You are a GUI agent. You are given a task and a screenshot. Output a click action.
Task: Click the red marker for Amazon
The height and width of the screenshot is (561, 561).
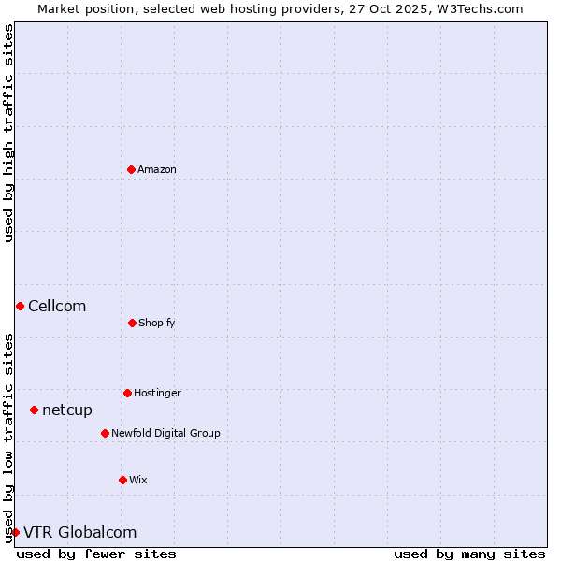(x=131, y=169)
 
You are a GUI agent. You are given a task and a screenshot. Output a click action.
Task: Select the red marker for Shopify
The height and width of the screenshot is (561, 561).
(x=132, y=323)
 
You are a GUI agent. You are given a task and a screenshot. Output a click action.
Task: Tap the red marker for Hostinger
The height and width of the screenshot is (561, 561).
(x=127, y=393)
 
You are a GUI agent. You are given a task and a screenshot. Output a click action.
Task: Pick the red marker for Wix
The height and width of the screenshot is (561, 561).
(x=122, y=480)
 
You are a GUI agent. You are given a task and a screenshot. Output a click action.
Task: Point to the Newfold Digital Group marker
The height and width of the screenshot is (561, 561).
(x=105, y=433)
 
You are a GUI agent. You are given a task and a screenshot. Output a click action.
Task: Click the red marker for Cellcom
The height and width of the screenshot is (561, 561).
(x=20, y=306)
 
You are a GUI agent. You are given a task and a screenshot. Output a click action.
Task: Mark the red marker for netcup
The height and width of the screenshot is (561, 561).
(x=34, y=410)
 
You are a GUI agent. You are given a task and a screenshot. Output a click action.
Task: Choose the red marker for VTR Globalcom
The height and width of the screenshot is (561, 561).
(x=15, y=532)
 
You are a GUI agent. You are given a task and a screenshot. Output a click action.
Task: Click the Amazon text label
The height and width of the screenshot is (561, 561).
(x=157, y=169)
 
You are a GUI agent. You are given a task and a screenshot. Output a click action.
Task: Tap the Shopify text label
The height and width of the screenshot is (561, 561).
(x=157, y=323)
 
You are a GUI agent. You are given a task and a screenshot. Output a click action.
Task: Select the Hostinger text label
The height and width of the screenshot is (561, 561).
(x=157, y=393)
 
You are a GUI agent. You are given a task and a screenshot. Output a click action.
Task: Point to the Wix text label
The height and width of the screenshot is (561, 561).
(x=138, y=480)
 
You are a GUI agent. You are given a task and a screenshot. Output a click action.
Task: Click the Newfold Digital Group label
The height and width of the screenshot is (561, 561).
(x=165, y=433)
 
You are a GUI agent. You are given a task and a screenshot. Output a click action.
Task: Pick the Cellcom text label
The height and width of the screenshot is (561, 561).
(x=57, y=306)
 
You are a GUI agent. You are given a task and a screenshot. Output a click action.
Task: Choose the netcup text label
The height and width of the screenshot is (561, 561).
(x=67, y=410)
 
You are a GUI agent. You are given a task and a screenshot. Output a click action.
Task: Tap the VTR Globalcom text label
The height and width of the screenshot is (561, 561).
(x=79, y=532)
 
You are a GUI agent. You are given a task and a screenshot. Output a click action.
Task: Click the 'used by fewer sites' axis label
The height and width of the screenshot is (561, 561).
(x=96, y=554)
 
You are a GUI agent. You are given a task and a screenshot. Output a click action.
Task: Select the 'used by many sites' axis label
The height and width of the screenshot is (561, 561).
(x=469, y=554)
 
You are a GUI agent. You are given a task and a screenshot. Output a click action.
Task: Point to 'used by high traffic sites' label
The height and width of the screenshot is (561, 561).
(x=8, y=133)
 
